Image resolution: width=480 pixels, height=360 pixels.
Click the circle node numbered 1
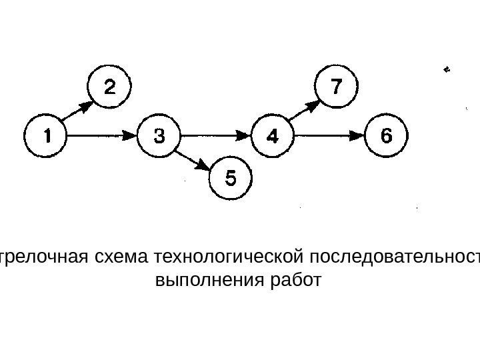point(47,136)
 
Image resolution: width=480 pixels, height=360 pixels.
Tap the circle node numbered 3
point(160,136)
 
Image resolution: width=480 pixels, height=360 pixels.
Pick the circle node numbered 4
point(273,136)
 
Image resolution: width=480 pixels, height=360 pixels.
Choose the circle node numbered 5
point(231,178)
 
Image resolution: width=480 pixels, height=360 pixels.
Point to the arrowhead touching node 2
point(88,105)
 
